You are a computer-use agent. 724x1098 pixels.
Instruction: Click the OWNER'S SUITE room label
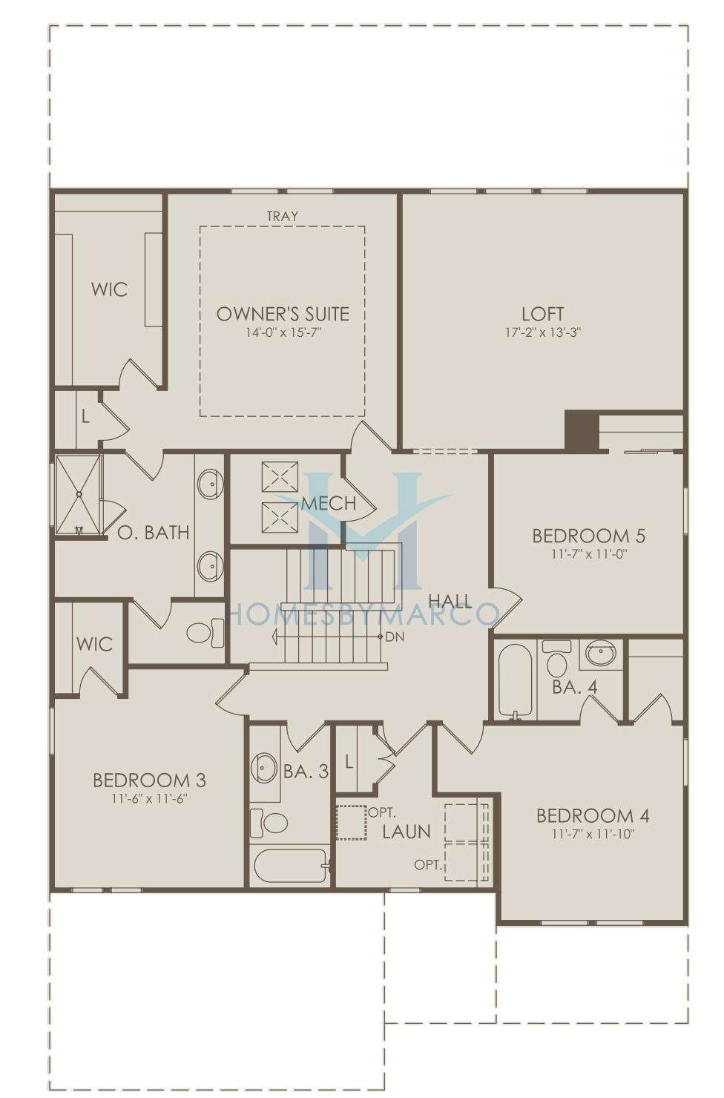(283, 315)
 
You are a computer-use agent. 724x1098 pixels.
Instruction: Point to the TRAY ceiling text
(283, 216)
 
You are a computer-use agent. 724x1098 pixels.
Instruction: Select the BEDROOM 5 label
(589, 536)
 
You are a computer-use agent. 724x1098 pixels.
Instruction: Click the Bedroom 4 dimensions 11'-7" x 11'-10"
(593, 834)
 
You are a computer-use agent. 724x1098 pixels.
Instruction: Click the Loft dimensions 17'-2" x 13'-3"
(543, 332)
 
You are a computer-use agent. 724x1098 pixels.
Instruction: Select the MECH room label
(329, 503)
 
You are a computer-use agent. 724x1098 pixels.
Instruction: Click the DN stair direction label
(395, 637)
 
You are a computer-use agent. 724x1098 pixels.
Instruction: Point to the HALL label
(450, 600)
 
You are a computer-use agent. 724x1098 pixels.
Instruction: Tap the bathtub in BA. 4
(515, 680)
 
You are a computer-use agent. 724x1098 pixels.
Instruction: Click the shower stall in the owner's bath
(78, 496)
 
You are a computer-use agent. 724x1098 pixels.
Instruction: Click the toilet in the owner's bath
(205, 632)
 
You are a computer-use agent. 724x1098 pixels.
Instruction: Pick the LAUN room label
(407, 832)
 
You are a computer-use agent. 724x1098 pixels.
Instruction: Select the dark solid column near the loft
(582, 430)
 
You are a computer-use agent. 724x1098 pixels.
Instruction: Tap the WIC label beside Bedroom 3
(95, 644)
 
